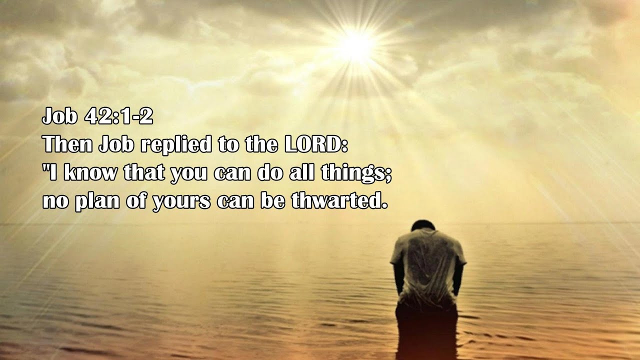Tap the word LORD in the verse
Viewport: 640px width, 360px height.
point(314,145)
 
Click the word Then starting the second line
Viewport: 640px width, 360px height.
point(67,145)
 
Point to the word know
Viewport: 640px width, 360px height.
point(91,173)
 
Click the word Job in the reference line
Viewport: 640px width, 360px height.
point(60,117)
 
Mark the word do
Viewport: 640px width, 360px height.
point(270,173)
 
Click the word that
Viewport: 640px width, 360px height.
point(144,173)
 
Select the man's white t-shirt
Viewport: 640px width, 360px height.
point(427,265)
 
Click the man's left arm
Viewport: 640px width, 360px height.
point(398,277)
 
